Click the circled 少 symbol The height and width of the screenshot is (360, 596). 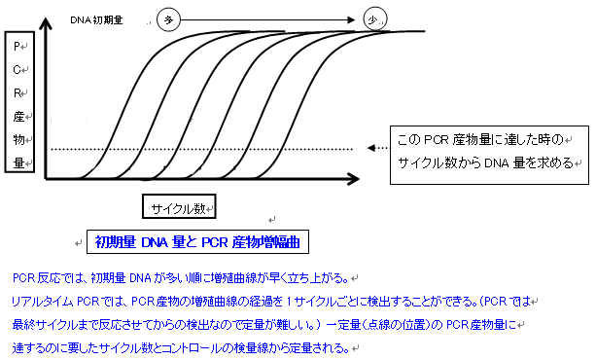(x=371, y=18)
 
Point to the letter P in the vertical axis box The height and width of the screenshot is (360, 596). (x=18, y=46)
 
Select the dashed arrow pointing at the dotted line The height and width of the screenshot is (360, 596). (x=376, y=149)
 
